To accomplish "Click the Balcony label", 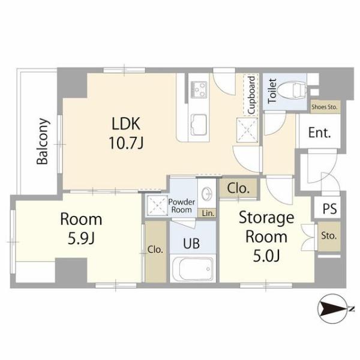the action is pyautogui.click(x=43, y=142).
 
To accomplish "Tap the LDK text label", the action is pyautogui.click(x=126, y=124).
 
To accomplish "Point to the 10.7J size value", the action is pyautogui.click(x=126, y=143).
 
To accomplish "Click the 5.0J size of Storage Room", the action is pyautogui.click(x=266, y=256).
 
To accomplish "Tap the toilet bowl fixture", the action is pyautogui.click(x=292, y=90).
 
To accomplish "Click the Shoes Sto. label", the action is pyautogui.click(x=324, y=107).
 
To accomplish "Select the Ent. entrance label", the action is pyautogui.click(x=320, y=133).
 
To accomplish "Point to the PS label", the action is pyautogui.click(x=329, y=209).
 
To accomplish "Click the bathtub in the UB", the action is pyautogui.click(x=193, y=269).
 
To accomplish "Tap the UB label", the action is pyautogui.click(x=191, y=244).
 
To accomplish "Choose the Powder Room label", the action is pyautogui.click(x=182, y=206).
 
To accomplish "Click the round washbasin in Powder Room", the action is pyautogui.click(x=206, y=194).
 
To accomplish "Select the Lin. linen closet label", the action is pyautogui.click(x=208, y=213).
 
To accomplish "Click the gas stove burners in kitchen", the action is pyautogui.click(x=199, y=89).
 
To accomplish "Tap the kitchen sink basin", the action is pyautogui.click(x=199, y=125).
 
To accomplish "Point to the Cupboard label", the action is pyautogui.click(x=251, y=95).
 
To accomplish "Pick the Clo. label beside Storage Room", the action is pyautogui.click(x=238, y=188).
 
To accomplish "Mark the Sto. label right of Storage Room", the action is pyautogui.click(x=329, y=236).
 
